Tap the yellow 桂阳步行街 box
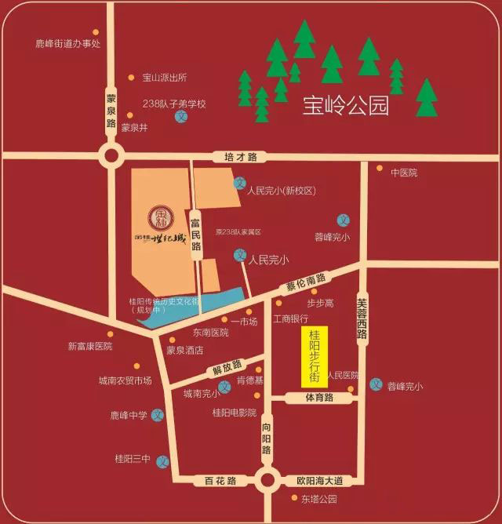click(x=314, y=356)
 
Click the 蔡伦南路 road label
click(x=306, y=281)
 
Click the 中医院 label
click(x=404, y=173)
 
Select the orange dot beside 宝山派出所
click(x=131, y=77)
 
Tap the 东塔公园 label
click(x=318, y=498)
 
